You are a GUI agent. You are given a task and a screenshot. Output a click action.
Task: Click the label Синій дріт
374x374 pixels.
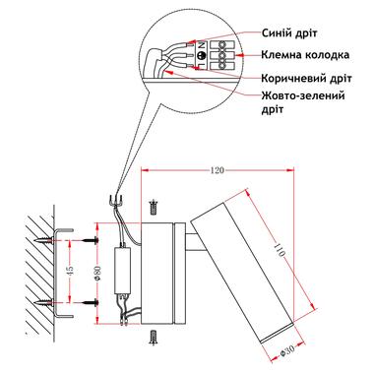point(289,33)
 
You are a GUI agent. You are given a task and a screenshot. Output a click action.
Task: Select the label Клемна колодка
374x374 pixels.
point(305,54)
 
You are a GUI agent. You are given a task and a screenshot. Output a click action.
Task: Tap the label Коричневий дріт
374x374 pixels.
point(306,79)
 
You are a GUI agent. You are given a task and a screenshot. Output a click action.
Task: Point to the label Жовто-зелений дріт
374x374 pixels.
point(303,102)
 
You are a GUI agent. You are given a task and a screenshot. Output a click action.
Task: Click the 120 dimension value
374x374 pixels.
point(217,170)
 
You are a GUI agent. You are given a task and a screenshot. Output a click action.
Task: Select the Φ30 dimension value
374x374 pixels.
point(287,352)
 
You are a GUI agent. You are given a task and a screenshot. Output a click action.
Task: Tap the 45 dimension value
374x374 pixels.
point(70,271)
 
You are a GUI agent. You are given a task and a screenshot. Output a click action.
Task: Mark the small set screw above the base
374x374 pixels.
point(153,207)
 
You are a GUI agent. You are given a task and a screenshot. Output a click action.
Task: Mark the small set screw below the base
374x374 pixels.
point(153,337)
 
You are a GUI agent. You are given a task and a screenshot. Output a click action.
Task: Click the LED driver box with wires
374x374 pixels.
point(122,271)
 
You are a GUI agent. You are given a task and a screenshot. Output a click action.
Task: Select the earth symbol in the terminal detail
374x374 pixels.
point(202,55)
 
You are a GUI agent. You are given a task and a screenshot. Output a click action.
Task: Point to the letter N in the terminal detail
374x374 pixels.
point(202,45)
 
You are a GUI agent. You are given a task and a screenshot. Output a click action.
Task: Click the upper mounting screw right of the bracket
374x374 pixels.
point(90,240)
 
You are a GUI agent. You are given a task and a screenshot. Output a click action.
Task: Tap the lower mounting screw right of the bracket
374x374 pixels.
point(90,302)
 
